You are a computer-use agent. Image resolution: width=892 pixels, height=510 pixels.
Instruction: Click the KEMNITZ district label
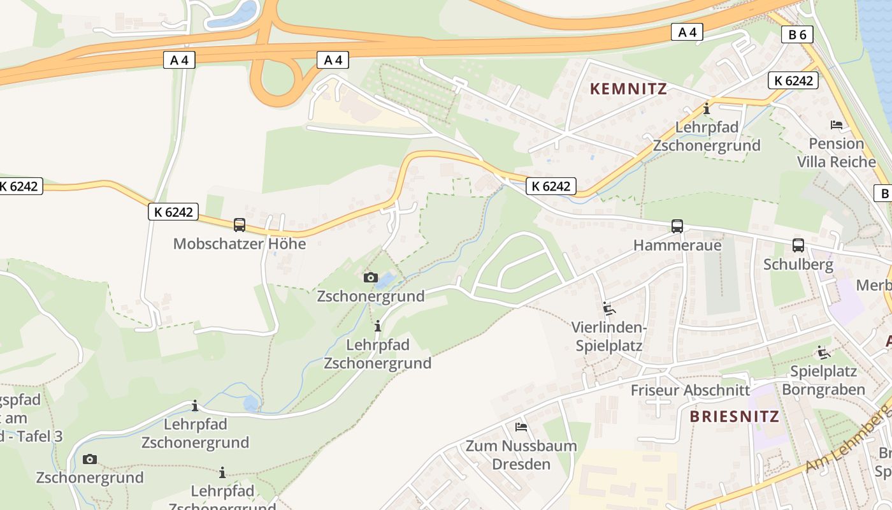point(628,89)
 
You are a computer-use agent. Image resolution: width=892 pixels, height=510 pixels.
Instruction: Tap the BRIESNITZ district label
point(734,416)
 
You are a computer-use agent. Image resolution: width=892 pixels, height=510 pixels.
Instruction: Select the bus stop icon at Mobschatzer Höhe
point(240,225)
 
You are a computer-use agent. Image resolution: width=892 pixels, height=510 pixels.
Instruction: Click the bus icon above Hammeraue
point(677,226)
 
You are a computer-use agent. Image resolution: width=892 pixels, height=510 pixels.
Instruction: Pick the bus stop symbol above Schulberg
point(798,245)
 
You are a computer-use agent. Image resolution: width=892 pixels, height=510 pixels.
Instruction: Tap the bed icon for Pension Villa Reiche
point(837,124)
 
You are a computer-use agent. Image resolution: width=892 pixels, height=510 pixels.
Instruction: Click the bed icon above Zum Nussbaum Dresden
point(521,426)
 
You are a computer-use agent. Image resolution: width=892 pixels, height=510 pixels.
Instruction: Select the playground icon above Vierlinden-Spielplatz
point(609,309)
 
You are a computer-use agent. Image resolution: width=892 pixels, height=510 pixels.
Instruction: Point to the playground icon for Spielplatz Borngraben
point(824,352)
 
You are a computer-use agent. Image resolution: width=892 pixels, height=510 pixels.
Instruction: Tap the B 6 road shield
point(797,34)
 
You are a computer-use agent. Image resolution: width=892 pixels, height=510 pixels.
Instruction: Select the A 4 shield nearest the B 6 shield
point(687,32)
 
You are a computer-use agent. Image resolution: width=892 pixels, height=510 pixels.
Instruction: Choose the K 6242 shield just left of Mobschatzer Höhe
point(173,212)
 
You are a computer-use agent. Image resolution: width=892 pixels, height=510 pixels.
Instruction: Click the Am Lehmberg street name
point(847,440)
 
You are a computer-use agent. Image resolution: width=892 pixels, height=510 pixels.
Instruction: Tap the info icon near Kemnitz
point(706,109)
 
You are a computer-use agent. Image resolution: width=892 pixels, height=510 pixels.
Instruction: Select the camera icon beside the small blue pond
point(370,277)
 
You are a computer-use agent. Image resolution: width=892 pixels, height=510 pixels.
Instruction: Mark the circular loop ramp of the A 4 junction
point(277,79)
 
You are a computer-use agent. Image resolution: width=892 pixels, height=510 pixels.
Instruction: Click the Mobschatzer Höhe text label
point(240,244)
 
